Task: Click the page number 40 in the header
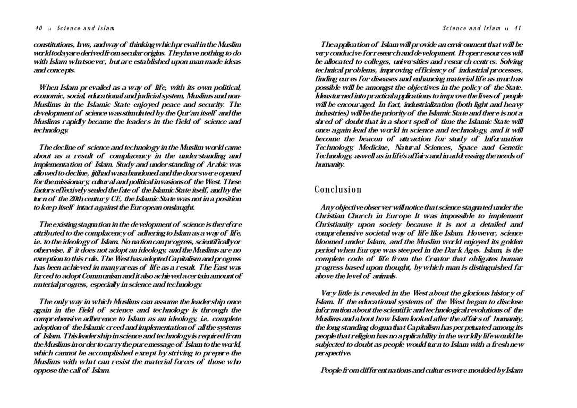point(38,28)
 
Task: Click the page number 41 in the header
point(517,28)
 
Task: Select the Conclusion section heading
point(338,190)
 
